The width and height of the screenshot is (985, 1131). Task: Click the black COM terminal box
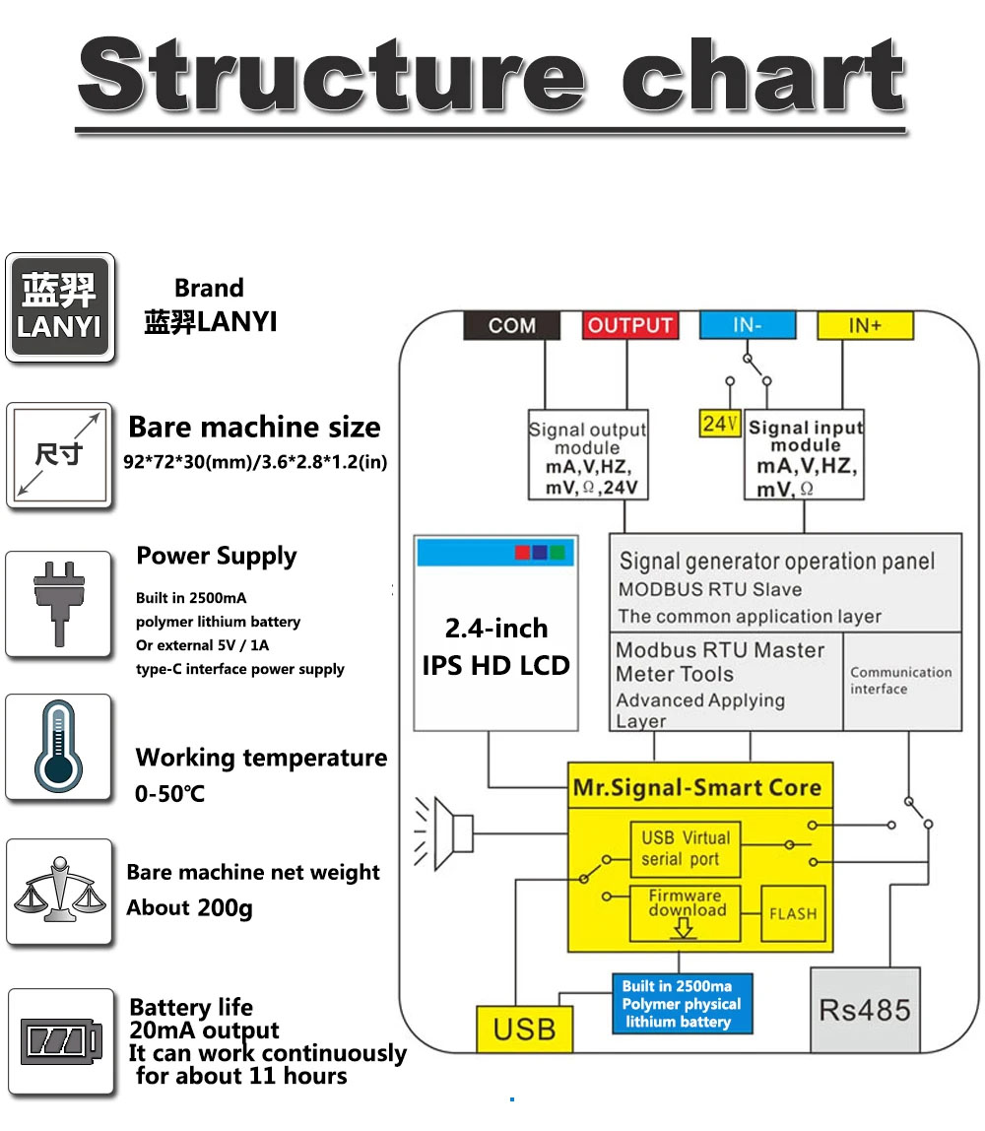(512, 325)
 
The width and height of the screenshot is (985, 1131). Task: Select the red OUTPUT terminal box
(629, 325)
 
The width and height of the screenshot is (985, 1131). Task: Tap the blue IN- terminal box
(748, 325)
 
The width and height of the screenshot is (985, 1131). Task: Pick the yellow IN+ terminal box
(865, 325)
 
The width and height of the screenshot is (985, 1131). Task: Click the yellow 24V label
(720, 424)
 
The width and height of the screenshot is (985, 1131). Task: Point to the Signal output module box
(588, 454)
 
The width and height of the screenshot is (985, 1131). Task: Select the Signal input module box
(804, 454)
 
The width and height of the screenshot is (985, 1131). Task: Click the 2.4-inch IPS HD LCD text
(495, 647)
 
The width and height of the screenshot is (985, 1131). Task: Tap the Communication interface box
(902, 681)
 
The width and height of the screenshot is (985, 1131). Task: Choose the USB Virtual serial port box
(685, 848)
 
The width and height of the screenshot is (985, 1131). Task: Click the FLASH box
(793, 913)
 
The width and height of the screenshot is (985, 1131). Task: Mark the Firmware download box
(686, 912)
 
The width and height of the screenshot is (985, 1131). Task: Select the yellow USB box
(524, 1029)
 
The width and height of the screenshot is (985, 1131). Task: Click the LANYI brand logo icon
(60, 307)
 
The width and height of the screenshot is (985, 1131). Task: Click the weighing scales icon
(59, 891)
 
